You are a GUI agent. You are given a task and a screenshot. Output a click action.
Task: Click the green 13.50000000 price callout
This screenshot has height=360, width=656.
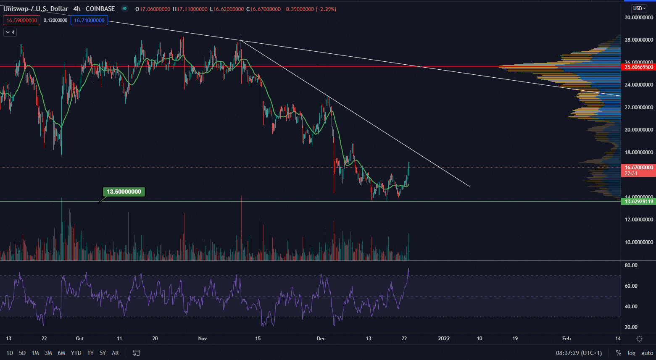pyautogui.click(x=124, y=192)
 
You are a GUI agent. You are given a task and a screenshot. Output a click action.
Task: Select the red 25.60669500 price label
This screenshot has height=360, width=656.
pyautogui.click(x=638, y=67)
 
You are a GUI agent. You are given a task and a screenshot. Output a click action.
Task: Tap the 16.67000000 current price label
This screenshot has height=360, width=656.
pyautogui.click(x=638, y=168)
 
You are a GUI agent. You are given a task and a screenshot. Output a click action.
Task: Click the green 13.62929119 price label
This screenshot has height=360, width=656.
pyautogui.click(x=638, y=202)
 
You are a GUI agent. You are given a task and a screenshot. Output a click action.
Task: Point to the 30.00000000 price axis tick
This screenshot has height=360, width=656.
pyautogui.click(x=638, y=18)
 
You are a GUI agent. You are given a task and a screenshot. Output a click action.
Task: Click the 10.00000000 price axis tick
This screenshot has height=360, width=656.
pyautogui.click(x=638, y=242)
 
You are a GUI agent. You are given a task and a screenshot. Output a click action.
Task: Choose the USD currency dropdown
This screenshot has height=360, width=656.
pyautogui.click(x=639, y=8)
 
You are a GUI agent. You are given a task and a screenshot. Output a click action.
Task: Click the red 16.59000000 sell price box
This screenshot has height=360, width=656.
pyautogui.click(x=22, y=20)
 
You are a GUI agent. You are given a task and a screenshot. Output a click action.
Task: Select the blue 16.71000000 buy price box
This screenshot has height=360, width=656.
pyautogui.click(x=89, y=20)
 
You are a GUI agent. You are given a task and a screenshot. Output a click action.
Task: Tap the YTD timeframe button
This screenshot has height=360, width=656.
pyautogui.click(x=76, y=353)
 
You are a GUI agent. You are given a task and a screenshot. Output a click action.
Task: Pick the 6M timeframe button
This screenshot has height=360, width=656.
pyautogui.click(x=61, y=353)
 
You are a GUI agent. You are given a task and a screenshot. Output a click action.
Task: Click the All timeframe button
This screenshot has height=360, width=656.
pyautogui.click(x=115, y=353)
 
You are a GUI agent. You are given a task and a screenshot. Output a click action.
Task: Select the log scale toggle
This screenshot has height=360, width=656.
pyautogui.click(x=631, y=353)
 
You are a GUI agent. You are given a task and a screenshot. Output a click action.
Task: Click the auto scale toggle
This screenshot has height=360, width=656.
pyautogui.click(x=647, y=353)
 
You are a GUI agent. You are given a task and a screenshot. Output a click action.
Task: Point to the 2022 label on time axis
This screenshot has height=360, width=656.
pyautogui.click(x=444, y=339)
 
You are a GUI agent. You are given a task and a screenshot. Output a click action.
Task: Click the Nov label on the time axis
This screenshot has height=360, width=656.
pyautogui.click(x=203, y=339)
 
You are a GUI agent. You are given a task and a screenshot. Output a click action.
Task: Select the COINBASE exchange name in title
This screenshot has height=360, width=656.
pyautogui.click(x=100, y=9)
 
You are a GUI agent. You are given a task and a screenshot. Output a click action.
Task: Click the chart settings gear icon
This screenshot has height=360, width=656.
pyautogui.click(x=639, y=339)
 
